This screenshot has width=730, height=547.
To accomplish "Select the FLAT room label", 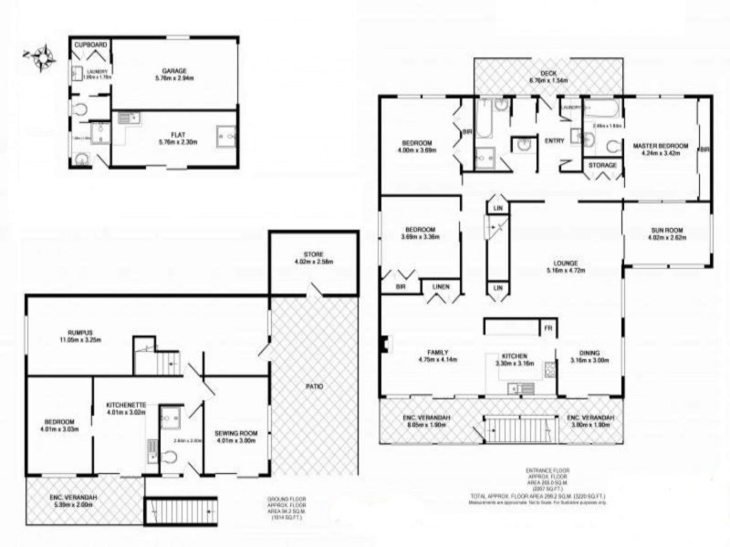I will coord(172,133).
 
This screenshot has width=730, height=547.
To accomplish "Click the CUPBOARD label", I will coord(90,44).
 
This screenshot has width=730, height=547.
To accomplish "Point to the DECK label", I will coord(548,72).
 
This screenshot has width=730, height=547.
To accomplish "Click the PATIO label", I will coord(313,386).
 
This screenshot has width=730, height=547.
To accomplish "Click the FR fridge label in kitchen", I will coord(547,326).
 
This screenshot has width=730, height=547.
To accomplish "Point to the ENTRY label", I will coord(554,139).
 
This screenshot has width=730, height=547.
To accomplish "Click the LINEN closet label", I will coord(442,286).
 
